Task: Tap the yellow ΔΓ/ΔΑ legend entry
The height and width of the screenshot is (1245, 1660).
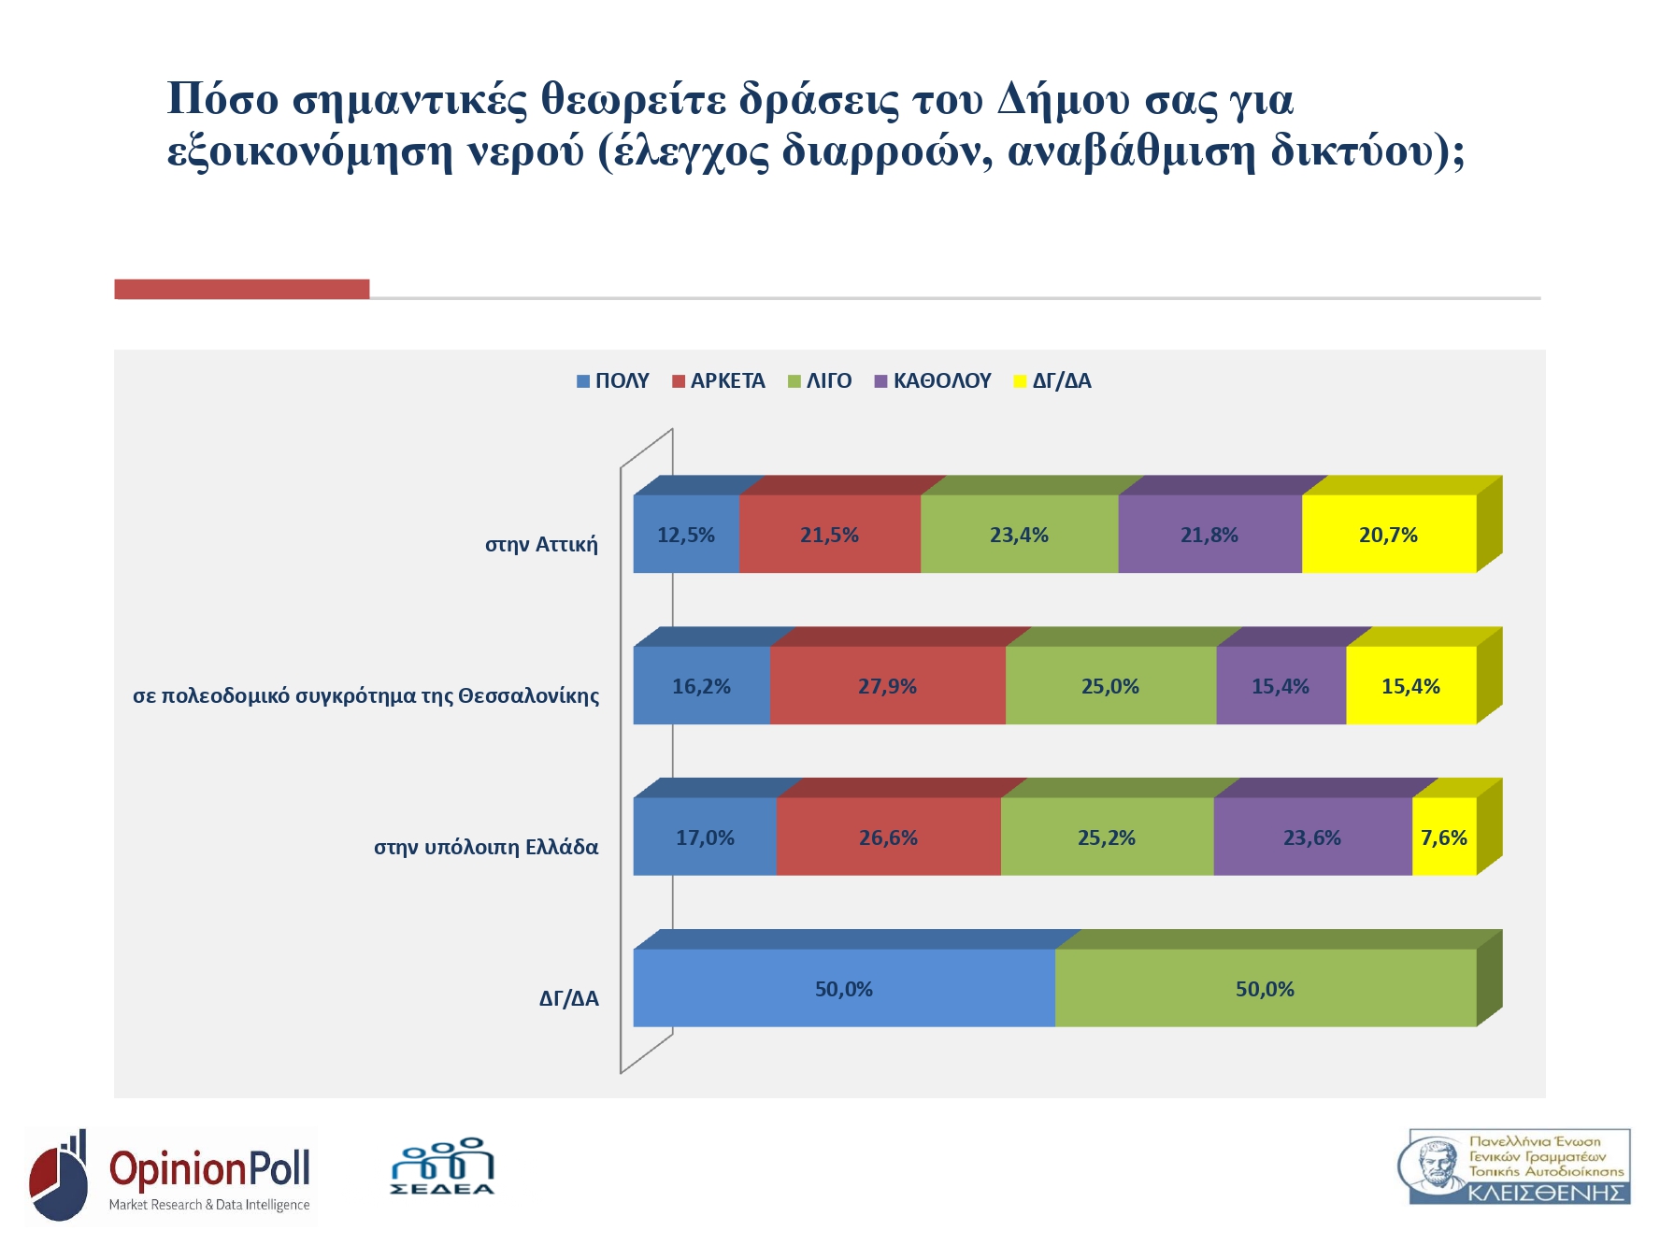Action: (1052, 381)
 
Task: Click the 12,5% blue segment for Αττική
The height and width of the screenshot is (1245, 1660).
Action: (686, 535)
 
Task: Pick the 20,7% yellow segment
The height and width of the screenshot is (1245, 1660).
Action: (1388, 535)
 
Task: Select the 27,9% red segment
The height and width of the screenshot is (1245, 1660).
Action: (887, 686)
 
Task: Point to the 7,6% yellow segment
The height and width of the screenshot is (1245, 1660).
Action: (1443, 837)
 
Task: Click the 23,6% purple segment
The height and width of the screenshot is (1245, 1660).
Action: (1311, 837)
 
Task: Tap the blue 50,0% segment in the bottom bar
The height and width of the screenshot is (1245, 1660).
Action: (843, 989)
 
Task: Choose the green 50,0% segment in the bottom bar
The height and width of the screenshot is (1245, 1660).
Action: (1265, 989)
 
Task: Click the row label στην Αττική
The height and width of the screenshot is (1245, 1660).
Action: (541, 544)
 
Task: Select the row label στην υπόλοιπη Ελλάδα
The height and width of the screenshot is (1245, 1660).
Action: (486, 847)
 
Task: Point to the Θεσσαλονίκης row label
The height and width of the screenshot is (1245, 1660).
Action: (366, 695)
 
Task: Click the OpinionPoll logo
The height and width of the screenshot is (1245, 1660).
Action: (172, 1176)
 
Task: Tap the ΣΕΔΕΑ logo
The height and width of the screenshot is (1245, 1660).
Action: (442, 1167)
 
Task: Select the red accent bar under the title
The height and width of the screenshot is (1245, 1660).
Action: (241, 289)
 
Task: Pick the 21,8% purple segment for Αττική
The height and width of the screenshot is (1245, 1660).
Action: (1209, 535)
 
